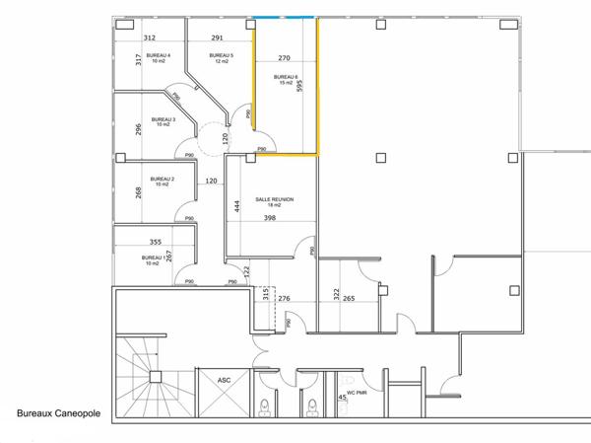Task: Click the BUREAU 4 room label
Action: click(158, 56)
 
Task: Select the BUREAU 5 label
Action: click(221, 56)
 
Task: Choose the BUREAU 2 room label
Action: click(162, 180)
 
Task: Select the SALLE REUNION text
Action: click(275, 199)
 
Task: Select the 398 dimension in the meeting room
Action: click(270, 218)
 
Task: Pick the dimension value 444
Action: click(236, 205)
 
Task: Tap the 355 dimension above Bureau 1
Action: click(155, 242)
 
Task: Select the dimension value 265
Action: click(349, 298)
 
